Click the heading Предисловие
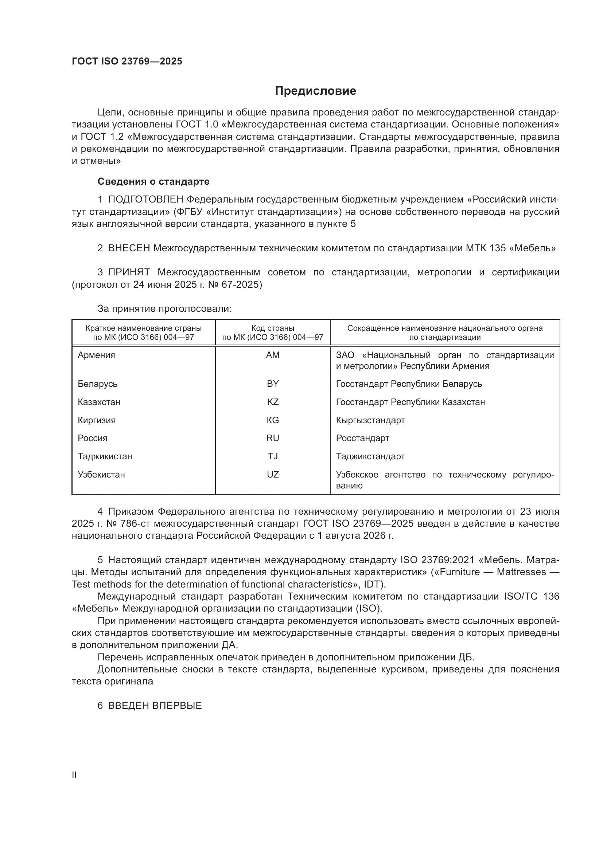tap(315, 91)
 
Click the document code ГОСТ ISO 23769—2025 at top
tap(127, 62)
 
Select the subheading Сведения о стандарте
tap(153, 181)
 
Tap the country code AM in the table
tap(273, 355)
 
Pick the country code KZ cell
tap(273, 402)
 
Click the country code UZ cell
tap(273, 474)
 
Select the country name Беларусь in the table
tap(98, 384)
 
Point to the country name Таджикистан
tap(105, 456)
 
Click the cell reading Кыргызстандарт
tap(370, 420)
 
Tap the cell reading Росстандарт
tap(362, 438)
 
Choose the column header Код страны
tap(273, 328)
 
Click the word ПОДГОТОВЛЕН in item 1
tap(145, 200)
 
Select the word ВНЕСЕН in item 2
tap(129, 248)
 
